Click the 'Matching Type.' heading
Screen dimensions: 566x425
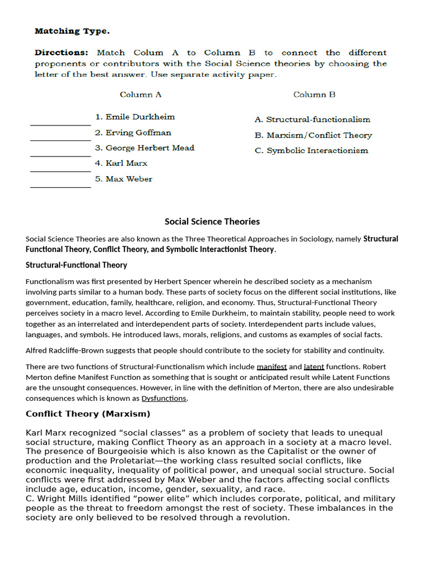(72, 31)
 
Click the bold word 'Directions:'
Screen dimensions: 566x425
(61, 53)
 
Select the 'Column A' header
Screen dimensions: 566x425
(141, 95)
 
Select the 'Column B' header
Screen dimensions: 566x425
(314, 95)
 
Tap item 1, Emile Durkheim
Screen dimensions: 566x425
(134, 117)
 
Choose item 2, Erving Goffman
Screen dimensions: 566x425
(133, 133)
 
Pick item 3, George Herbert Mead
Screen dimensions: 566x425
(144, 148)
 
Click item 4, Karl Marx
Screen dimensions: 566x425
(121, 163)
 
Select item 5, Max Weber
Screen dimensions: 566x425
(123, 179)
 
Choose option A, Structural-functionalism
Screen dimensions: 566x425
(312, 119)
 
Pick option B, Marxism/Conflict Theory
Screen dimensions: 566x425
(313, 135)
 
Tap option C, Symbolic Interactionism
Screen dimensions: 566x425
(311, 150)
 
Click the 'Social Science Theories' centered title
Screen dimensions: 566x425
(212, 222)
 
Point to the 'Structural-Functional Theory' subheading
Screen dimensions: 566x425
(76, 265)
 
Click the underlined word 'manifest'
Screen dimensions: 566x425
(272, 366)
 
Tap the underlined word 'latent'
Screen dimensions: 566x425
(314, 366)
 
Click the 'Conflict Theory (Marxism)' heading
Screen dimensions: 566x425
(88, 414)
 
